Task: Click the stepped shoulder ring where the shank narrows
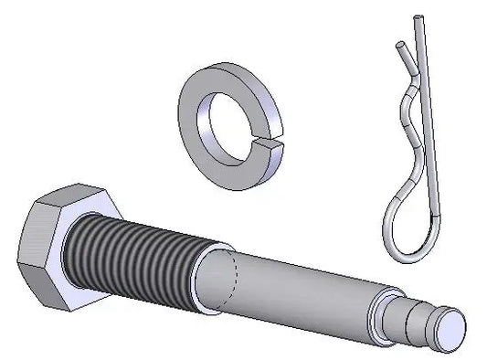pyautogui.click(x=384, y=311)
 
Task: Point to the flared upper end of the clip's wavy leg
pyautogui.click(x=398, y=46)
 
